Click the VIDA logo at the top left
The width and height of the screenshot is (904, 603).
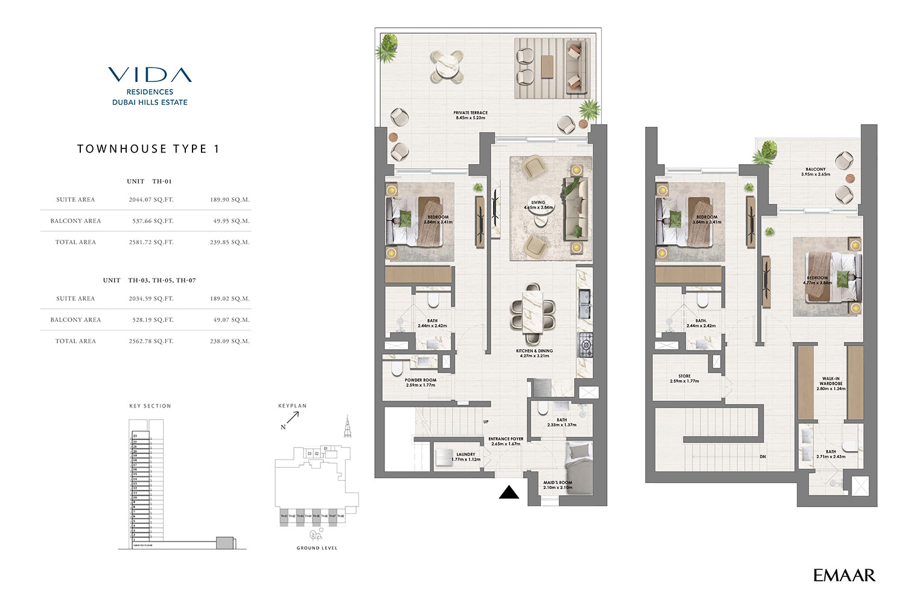[x=150, y=75]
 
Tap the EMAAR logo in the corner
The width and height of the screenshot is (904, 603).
[x=844, y=575]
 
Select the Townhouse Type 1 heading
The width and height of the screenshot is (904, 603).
[x=148, y=149]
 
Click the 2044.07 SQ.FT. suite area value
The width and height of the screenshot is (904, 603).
[x=151, y=200]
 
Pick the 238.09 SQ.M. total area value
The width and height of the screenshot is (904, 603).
[x=229, y=341]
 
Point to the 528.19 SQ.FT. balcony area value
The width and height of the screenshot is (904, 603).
[x=153, y=320]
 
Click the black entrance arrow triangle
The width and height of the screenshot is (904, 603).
[x=509, y=493]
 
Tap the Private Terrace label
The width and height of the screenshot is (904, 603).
[x=471, y=115]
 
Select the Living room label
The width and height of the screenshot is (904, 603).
[x=538, y=205]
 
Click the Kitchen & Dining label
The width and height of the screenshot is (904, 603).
[x=534, y=353]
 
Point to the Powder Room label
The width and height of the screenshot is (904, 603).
[x=421, y=382]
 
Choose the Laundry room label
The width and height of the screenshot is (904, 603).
[x=466, y=456]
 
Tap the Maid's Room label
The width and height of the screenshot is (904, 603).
[x=558, y=485]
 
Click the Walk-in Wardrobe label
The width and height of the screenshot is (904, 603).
[x=831, y=384]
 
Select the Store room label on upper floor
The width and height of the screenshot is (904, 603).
[x=684, y=379]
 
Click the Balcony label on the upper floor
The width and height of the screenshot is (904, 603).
[x=815, y=172]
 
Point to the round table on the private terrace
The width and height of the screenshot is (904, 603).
[x=447, y=66]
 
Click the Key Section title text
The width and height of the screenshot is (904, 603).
[x=150, y=406]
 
